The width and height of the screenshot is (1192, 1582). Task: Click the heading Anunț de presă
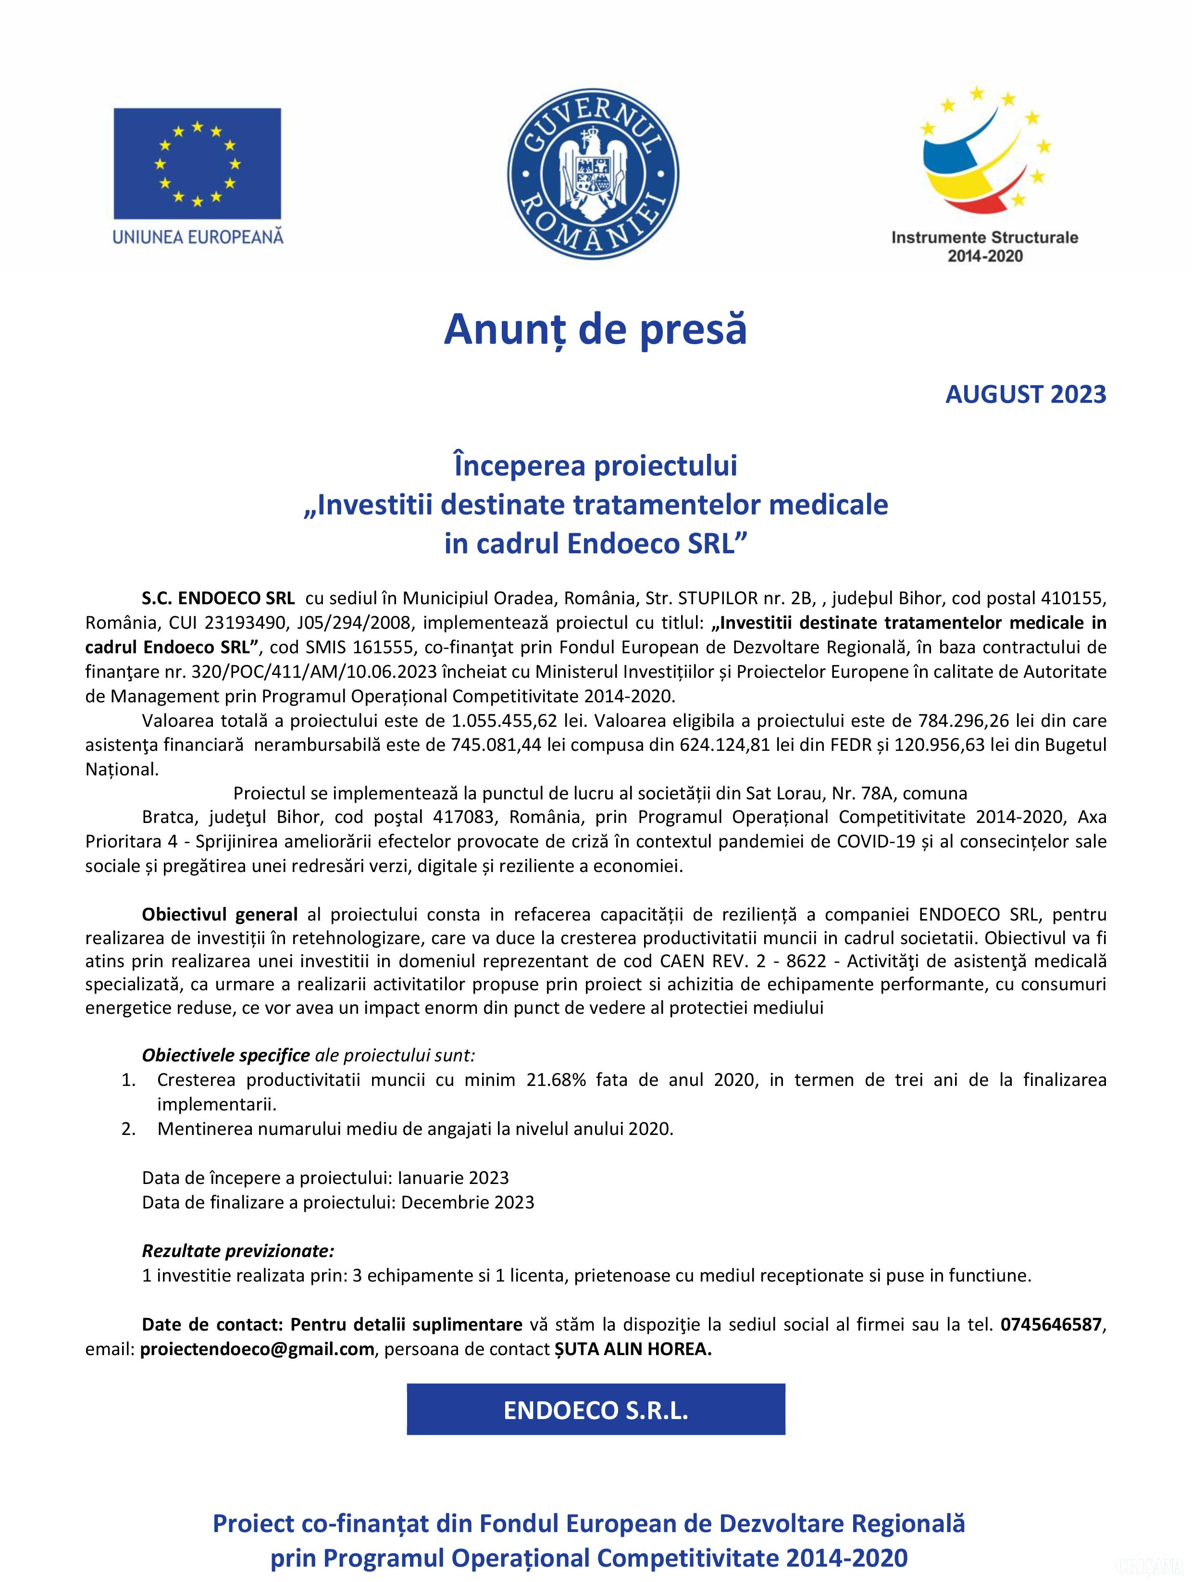(x=595, y=330)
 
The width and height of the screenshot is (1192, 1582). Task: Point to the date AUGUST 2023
(x=1025, y=394)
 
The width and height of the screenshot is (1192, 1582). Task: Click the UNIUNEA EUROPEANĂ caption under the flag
(x=198, y=236)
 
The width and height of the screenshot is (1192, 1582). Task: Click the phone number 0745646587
(x=1051, y=1324)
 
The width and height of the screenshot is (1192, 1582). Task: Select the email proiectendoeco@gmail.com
(x=258, y=1349)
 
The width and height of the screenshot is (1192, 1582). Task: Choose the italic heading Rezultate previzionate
(x=238, y=1251)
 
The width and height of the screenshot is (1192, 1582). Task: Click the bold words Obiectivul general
(x=220, y=914)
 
